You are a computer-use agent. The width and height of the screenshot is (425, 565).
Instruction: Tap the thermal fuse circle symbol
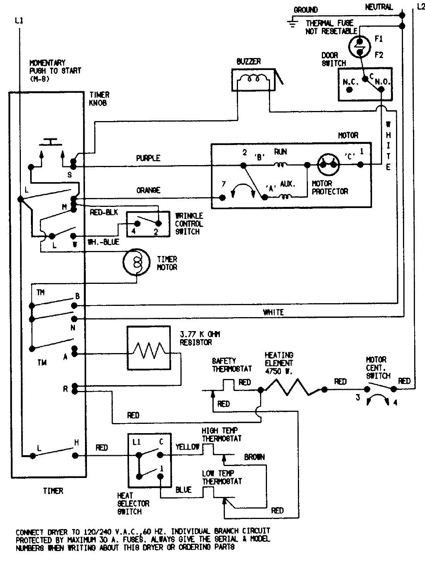(x=360, y=47)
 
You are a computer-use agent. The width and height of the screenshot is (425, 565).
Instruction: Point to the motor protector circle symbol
(x=329, y=165)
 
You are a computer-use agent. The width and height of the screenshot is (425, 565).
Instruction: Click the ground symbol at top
(x=292, y=23)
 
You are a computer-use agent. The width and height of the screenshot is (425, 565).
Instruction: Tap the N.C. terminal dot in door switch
(x=350, y=90)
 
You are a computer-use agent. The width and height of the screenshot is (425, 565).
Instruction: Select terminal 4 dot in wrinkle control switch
(x=137, y=223)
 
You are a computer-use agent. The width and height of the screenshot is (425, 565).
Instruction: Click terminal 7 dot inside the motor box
(x=223, y=198)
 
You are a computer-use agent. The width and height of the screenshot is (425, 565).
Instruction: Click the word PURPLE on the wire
(x=148, y=158)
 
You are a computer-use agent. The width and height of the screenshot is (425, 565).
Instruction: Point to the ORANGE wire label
(x=148, y=190)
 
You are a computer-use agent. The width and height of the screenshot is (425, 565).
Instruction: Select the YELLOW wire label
(x=187, y=447)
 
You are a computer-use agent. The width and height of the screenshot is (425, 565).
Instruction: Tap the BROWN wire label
(x=254, y=457)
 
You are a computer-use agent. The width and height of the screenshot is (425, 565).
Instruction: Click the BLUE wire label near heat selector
(x=184, y=490)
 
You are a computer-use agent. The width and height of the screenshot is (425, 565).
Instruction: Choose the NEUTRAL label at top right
(x=379, y=7)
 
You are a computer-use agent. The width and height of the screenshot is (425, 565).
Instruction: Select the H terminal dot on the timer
(x=76, y=455)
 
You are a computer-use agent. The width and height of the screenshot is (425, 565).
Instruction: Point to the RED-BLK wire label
(x=104, y=213)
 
